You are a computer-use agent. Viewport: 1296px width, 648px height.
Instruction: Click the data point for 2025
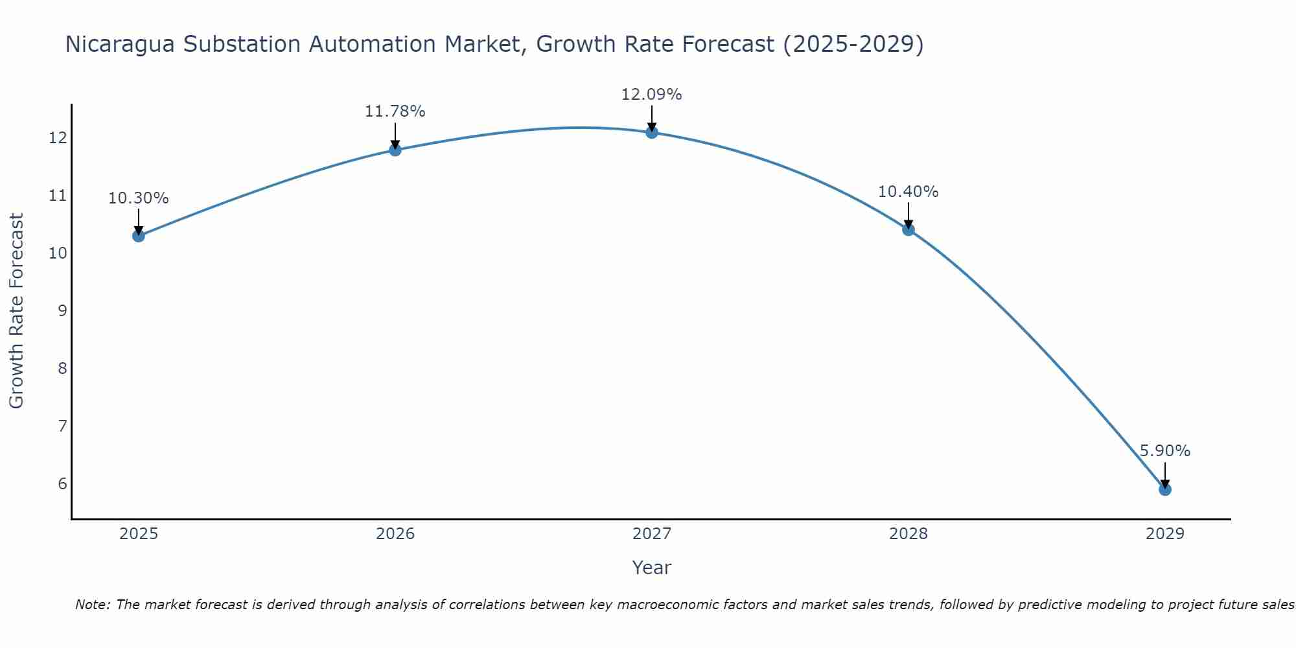click(138, 236)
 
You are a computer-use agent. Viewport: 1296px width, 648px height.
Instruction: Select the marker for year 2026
click(395, 150)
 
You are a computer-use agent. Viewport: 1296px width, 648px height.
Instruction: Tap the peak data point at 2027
click(651, 132)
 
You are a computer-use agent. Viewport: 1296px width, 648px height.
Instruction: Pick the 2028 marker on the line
click(908, 229)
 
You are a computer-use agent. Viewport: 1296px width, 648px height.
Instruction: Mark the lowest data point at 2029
click(1164, 489)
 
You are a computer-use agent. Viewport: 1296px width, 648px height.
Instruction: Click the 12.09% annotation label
click(651, 95)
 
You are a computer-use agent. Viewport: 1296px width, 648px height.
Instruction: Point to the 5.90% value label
click(1164, 451)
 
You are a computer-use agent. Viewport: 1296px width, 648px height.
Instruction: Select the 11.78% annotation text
click(395, 111)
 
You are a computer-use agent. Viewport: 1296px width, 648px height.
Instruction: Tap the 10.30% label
click(138, 198)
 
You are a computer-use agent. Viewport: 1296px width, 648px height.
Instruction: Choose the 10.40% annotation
click(908, 192)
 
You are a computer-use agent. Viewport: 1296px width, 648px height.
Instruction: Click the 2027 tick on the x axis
click(651, 534)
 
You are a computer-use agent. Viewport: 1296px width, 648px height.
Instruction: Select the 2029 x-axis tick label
click(1164, 534)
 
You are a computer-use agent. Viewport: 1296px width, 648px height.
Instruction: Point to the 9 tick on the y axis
click(62, 310)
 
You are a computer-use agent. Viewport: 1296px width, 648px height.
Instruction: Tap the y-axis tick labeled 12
click(58, 138)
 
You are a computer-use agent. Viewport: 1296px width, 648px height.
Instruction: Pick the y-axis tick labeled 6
click(62, 484)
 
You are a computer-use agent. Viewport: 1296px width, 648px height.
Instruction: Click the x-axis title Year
click(651, 568)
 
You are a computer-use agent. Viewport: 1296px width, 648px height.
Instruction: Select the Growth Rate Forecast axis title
click(16, 311)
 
